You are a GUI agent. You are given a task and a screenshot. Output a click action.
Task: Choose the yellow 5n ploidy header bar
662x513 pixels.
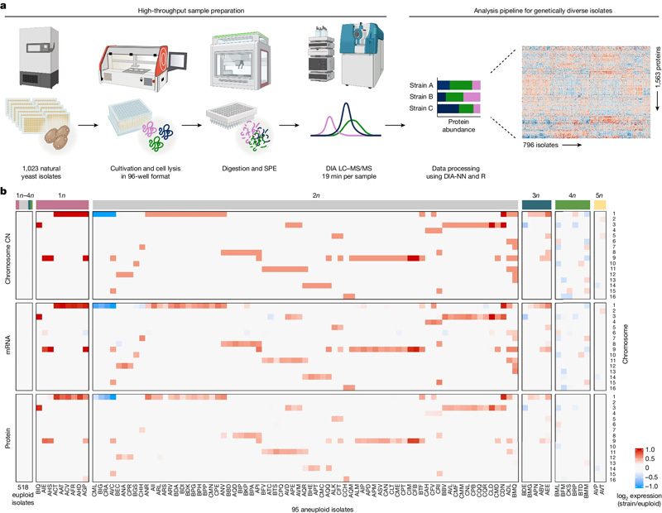600,204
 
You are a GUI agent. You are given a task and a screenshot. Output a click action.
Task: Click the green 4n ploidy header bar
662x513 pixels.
572,204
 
